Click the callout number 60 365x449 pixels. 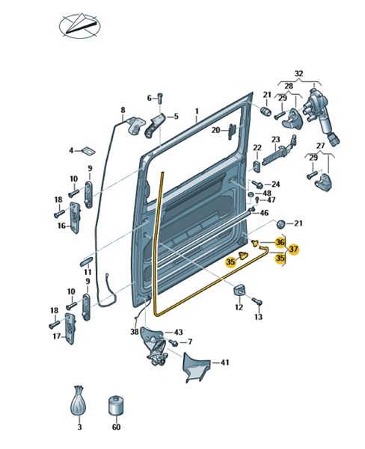(116, 427)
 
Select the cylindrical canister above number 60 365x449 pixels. (116, 407)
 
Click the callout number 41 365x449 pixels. (225, 362)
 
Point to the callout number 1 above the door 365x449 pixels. (197, 111)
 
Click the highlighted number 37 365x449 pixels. (293, 249)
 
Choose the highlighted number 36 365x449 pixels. (280, 242)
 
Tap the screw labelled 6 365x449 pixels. (160, 98)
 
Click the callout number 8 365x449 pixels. (123, 110)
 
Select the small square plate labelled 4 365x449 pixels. (89, 151)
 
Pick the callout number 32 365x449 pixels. (298, 73)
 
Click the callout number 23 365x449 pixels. (275, 140)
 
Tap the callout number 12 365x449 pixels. (239, 307)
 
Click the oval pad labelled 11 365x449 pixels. (85, 261)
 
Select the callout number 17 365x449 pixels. (57, 336)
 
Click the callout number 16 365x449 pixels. (61, 226)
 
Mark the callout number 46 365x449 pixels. (264, 213)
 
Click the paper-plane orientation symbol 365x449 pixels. (80, 26)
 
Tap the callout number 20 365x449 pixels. (215, 130)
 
